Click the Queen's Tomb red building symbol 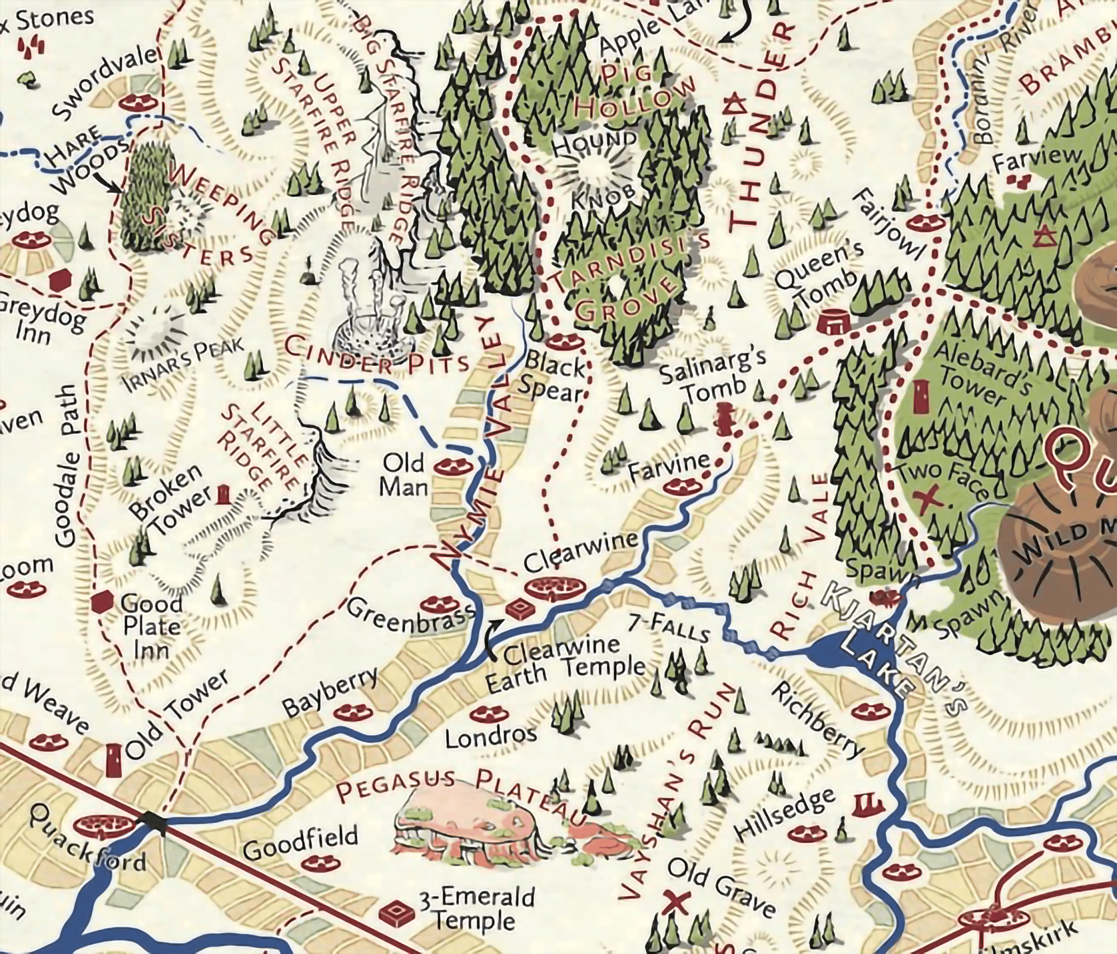[x=833, y=322]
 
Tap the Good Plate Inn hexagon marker [x=102, y=602]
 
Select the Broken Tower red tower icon [x=224, y=494]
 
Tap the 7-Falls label [x=669, y=628]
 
